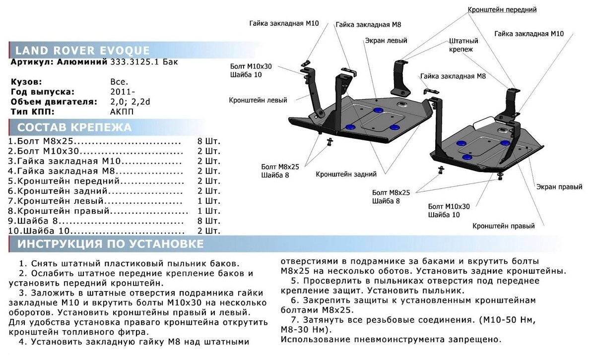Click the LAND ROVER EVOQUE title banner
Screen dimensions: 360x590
82,51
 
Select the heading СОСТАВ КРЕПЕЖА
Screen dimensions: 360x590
74,127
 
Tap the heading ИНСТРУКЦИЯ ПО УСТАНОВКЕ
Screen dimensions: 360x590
110,244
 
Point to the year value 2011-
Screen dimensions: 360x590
122,92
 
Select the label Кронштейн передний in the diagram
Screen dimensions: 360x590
502,9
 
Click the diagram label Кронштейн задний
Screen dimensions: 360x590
346,174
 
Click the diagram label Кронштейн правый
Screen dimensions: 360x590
504,226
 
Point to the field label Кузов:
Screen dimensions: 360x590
26,82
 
